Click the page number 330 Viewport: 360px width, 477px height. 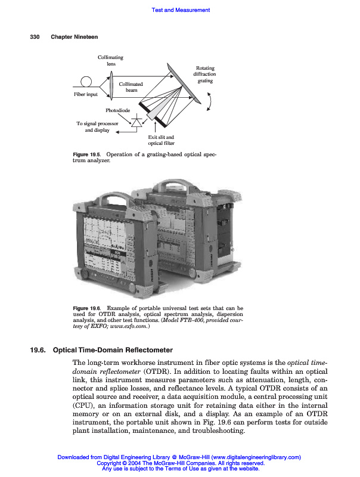(35, 37)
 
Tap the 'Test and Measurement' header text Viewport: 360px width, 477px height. (181, 10)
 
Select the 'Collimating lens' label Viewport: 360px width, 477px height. (111, 60)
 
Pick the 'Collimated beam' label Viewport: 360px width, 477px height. (131, 87)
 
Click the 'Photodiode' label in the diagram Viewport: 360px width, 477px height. (118, 110)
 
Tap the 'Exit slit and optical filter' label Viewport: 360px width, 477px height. (161, 140)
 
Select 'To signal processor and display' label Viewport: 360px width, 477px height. (97, 127)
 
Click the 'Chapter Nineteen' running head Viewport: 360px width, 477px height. (75, 37)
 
